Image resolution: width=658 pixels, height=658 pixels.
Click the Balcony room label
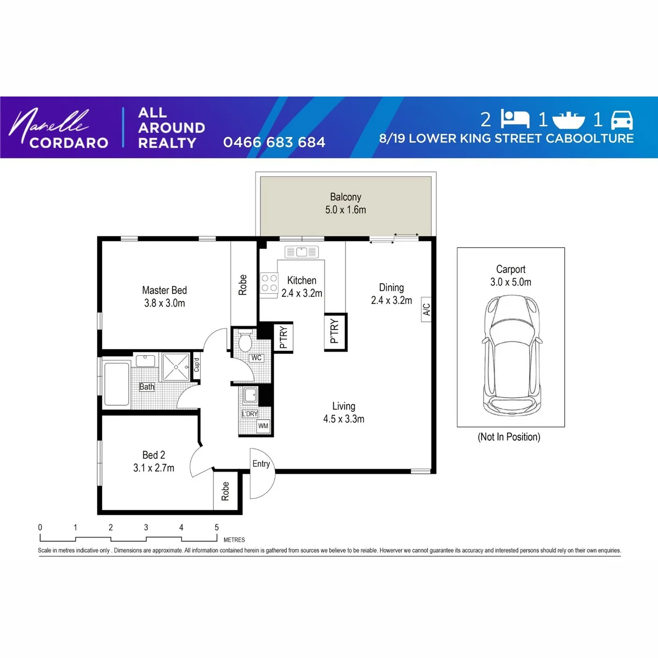point(345,197)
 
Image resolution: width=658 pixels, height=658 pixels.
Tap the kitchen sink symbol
point(302,252)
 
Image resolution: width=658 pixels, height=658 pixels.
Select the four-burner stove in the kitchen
point(269,283)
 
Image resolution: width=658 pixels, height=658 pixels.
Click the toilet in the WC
point(245,340)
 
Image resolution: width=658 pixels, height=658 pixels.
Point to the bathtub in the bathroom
point(116,384)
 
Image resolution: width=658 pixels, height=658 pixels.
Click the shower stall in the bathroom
point(176,367)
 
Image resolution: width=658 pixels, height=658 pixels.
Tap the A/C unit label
point(426,309)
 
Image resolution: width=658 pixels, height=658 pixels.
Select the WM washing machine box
point(263,426)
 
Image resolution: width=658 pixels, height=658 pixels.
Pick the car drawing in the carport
point(511,355)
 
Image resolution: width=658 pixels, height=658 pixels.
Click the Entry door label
point(261,464)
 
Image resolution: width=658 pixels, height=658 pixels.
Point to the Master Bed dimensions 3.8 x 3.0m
point(164,303)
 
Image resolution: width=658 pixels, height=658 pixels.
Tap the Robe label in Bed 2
point(225,491)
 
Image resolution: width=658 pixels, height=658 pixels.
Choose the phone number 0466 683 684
point(274,143)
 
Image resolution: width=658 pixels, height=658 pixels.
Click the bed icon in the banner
point(515,119)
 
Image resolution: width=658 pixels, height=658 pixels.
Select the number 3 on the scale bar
point(146,527)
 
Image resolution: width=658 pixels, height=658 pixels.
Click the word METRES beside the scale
point(234,540)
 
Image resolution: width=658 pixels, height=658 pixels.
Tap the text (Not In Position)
point(509,436)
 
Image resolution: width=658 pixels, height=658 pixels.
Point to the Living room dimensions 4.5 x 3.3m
point(343,419)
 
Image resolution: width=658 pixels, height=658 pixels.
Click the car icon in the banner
point(622,120)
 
